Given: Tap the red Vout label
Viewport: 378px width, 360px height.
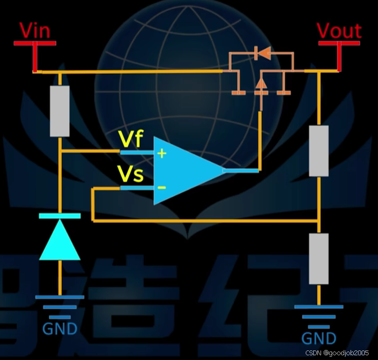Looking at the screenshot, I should tap(340, 31).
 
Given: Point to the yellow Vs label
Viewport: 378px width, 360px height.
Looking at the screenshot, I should tap(131, 175).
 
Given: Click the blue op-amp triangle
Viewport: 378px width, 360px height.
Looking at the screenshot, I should tap(185, 170).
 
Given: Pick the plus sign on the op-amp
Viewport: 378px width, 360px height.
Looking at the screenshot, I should tap(162, 153).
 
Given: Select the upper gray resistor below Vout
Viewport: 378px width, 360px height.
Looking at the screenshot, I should tap(318, 151).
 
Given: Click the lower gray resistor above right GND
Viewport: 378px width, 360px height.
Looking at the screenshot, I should tap(318, 258).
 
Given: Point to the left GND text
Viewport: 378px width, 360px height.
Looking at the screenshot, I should tap(60, 329).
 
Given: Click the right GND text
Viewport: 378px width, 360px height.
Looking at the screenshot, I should tap(319, 338).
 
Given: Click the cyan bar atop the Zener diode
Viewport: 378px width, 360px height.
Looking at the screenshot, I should tap(60, 216).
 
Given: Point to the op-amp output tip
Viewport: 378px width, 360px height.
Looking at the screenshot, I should tap(224, 170).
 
